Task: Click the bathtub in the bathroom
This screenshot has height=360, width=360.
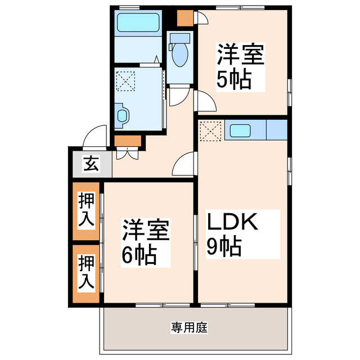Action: (x=138, y=23)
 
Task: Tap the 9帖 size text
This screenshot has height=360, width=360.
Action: (x=224, y=246)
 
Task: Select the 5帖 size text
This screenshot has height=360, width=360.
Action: (x=233, y=80)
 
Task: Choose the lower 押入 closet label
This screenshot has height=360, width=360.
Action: (x=86, y=272)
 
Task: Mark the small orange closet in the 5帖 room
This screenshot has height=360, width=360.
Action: (x=184, y=19)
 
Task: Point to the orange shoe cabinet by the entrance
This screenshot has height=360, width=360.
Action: (x=128, y=140)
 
